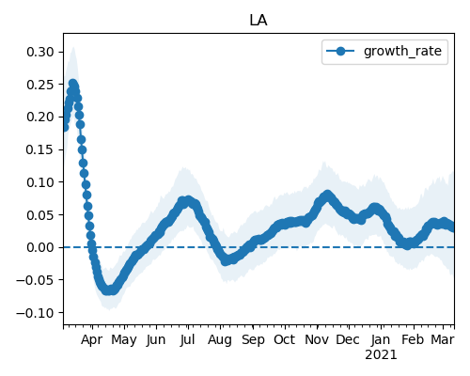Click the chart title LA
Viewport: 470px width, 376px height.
pyautogui.click(x=258, y=21)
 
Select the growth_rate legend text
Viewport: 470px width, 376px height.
pyautogui.click(x=402, y=51)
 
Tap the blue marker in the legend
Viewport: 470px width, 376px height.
pyautogui.click(x=340, y=51)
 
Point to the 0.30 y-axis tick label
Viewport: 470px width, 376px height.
pyautogui.click(x=40, y=52)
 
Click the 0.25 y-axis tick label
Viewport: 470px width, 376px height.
pyautogui.click(x=40, y=85)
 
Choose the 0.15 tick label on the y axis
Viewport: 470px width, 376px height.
pyautogui.click(x=40, y=149)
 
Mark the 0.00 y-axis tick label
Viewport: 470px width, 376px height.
pyautogui.click(x=40, y=247)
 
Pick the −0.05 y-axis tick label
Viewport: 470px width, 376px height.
pyautogui.click(x=36, y=280)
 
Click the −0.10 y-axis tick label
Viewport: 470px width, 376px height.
pyautogui.click(x=36, y=313)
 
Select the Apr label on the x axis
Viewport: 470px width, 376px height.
pyautogui.click(x=92, y=340)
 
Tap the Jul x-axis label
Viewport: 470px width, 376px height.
pyautogui.click(x=188, y=339)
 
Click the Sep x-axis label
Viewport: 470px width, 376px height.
pyautogui.click(x=253, y=340)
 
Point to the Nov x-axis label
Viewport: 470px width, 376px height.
pyautogui.click(x=317, y=339)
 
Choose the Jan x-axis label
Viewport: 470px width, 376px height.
pyautogui.click(x=381, y=339)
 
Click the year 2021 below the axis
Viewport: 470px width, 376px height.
pyautogui.click(x=381, y=355)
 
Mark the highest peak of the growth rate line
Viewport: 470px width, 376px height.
pyautogui.click(x=73, y=84)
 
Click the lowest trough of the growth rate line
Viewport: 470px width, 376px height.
pyautogui.click(x=108, y=290)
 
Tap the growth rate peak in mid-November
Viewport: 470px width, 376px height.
pyautogui.click(x=327, y=195)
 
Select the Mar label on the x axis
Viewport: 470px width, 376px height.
pyautogui.click(x=443, y=339)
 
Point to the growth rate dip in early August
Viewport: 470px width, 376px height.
pyautogui.click(x=226, y=260)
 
